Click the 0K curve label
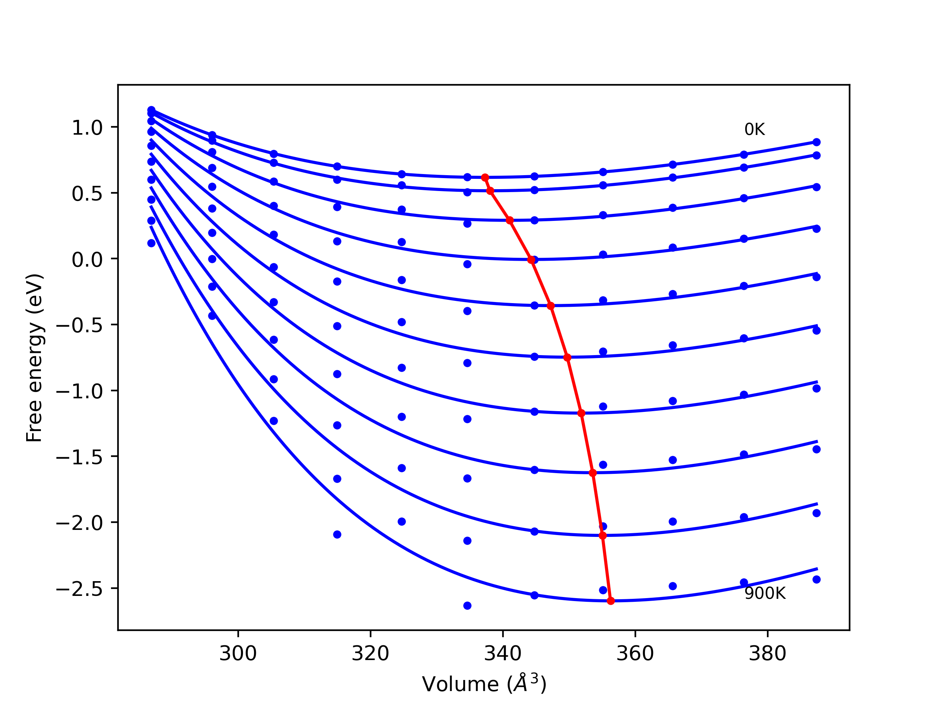pyautogui.click(x=754, y=129)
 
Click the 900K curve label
pyautogui.click(x=765, y=593)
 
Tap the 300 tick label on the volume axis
pyautogui.click(x=238, y=653)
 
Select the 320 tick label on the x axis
pyautogui.click(x=370, y=653)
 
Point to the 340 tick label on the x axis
pyautogui.click(x=503, y=653)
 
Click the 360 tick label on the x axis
pyautogui.click(x=635, y=653)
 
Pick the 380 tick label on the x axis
pyautogui.click(x=767, y=653)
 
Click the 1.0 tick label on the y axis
pyautogui.click(x=87, y=128)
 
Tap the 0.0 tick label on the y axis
pyautogui.click(x=87, y=260)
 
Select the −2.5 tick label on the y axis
pyautogui.click(x=80, y=589)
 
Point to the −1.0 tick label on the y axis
pyautogui.click(x=80, y=391)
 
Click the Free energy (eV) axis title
pyautogui.click(x=34, y=358)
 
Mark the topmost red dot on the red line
pyautogui.click(x=485, y=177)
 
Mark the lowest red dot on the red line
pyautogui.click(x=611, y=601)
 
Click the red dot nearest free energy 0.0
pyautogui.click(x=531, y=260)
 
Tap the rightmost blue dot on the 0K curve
pyautogui.click(x=816, y=142)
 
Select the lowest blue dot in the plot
pyautogui.click(x=467, y=605)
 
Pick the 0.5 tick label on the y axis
pyautogui.click(x=87, y=194)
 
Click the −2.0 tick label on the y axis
pyautogui.click(x=80, y=523)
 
